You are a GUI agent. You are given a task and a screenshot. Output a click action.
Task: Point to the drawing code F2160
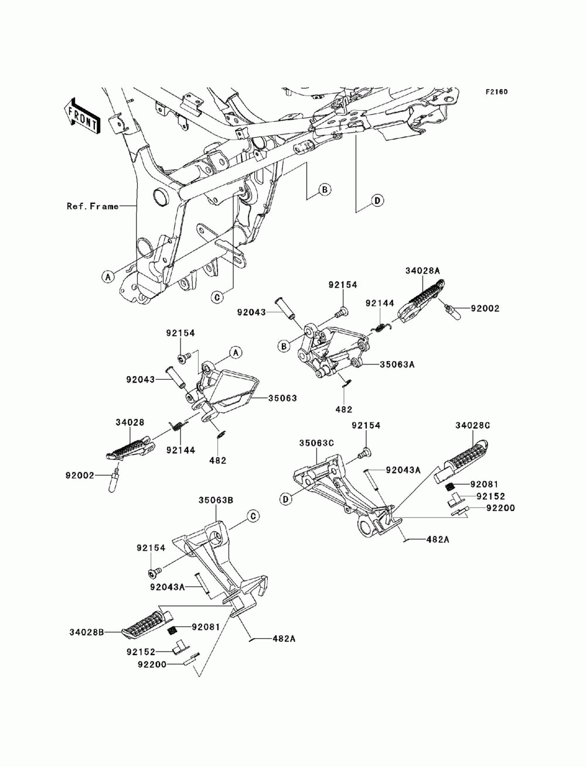[496, 92]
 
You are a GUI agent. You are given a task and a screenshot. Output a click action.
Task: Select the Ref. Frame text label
[92, 206]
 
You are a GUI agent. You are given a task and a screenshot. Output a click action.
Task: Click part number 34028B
[86, 632]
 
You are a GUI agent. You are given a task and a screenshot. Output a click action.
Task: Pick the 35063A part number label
[397, 364]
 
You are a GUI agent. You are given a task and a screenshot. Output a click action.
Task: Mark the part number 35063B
[216, 500]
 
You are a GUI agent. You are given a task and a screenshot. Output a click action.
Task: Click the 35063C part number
[316, 443]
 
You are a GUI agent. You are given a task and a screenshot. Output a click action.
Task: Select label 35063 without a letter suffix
[282, 398]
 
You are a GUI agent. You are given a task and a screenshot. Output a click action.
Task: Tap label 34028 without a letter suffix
[130, 422]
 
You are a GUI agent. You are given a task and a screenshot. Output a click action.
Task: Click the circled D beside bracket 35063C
[286, 499]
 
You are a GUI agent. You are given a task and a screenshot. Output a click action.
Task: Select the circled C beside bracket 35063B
[252, 516]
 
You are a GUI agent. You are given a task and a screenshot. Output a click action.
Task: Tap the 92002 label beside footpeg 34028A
[484, 308]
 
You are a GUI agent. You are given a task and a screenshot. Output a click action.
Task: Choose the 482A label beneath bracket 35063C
[437, 539]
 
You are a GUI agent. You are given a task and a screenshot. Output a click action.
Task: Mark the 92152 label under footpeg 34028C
[490, 496]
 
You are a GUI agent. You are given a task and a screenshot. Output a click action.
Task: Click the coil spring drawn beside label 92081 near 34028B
[173, 629]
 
